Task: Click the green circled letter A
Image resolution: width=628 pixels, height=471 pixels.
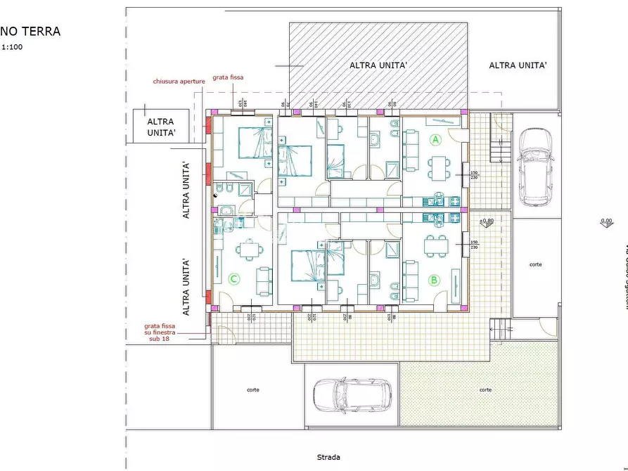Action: [435, 140]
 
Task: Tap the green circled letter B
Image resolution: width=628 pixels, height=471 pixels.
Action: [434, 280]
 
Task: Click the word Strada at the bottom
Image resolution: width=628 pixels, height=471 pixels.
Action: [328, 457]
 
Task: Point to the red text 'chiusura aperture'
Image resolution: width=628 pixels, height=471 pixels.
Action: [179, 82]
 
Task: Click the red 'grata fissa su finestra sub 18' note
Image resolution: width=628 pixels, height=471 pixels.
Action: [162, 333]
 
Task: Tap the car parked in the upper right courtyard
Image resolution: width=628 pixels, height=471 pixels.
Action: [536, 167]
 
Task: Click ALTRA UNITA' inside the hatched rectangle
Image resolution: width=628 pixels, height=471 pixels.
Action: [378, 65]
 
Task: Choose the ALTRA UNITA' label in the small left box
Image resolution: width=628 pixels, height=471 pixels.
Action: [161, 127]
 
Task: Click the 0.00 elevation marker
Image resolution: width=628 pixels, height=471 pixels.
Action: [605, 221]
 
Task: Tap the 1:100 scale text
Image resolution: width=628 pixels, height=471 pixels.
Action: [12, 47]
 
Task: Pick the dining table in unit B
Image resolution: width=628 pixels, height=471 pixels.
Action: [435, 244]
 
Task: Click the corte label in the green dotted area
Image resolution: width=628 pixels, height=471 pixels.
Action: [485, 389]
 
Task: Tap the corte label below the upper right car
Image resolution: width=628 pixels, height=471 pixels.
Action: [536, 264]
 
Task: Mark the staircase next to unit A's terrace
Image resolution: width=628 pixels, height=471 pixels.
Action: [499, 149]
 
